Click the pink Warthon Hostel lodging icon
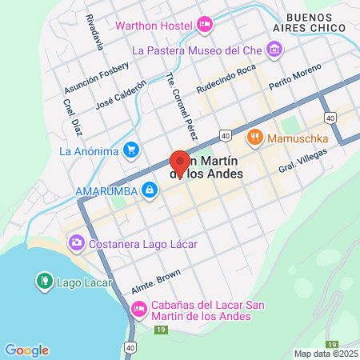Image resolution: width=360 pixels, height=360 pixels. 204,25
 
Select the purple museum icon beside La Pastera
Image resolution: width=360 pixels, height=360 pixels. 274,50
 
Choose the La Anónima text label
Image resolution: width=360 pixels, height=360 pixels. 89,150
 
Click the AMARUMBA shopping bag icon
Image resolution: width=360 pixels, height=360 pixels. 149,190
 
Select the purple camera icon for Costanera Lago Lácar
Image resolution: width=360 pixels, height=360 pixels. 76,241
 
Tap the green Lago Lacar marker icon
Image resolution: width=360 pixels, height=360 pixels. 44,281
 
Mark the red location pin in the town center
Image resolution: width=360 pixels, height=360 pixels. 180,162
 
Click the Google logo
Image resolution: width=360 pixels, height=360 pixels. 26,350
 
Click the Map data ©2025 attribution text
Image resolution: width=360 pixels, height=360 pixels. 325,354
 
